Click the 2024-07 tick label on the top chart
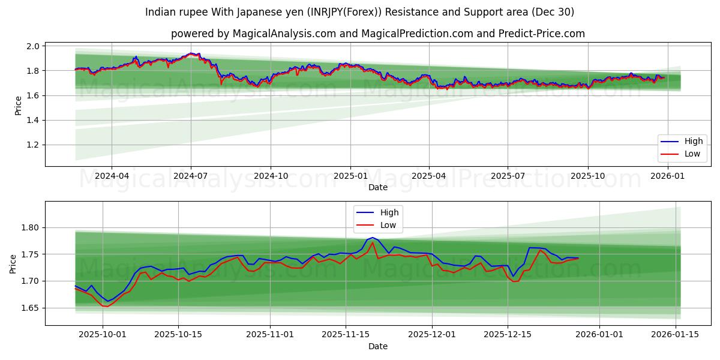tap(191, 176)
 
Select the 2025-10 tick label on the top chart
tap(587, 176)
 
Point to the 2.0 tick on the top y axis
tap(33, 46)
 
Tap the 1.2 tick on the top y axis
tap(33, 145)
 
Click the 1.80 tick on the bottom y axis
tap(31, 228)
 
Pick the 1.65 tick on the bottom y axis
tap(31, 308)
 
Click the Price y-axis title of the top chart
tap(18, 105)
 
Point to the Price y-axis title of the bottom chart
tap(13, 263)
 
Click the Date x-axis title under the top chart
tap(378, 187)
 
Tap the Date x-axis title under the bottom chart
tap(378, 346)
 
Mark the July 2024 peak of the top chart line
tap(191, 53)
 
